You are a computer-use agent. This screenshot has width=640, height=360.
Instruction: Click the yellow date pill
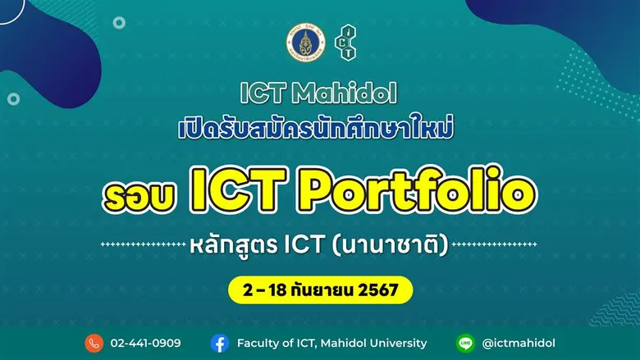pyautogui.click(x=319, y=289)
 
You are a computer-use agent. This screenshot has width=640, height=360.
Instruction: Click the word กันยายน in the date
pyautogui.click(x=327, y=289)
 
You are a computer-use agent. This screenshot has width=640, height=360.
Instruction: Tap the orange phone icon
pyautogui.click(x=94, y=343)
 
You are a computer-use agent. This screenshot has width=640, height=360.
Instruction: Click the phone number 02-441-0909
pyautogui.click(x=145, y=343)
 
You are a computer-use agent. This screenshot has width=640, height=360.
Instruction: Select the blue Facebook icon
pyautogui.click(x=219, y=343)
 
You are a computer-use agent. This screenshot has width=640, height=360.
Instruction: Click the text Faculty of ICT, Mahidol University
pyautogui.click(x=331, y=343)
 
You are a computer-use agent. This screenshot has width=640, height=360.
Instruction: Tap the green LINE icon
pyautogui.click(x=467, y=343)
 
